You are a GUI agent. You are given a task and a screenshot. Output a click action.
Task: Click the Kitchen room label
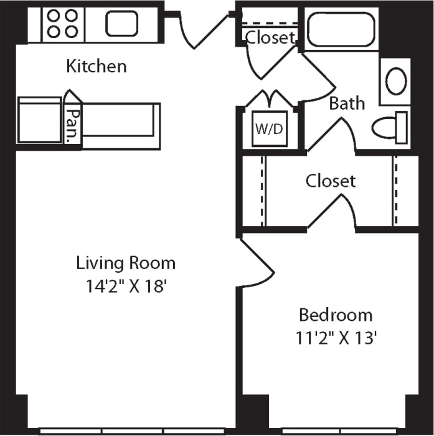[x=97, y=66]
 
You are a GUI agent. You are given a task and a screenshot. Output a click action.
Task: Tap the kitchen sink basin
[x=121, y=24]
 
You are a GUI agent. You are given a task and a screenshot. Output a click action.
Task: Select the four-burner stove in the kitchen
[x=63, y=24]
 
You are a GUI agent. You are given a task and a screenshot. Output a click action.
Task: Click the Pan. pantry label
[x=73, y=124]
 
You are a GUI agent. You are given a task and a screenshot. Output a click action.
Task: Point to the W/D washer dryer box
[x=270, y=129]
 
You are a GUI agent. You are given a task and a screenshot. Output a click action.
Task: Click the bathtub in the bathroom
[x=341, y=29]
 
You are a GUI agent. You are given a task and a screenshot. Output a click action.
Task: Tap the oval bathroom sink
[x=396, y=82]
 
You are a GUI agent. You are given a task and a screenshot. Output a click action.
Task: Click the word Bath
[x=347, y=103]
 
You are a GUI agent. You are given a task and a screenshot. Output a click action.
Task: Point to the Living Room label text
[x=126, y=263]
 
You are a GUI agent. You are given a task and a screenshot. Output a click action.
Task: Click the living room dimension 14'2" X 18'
[x=126, y=287]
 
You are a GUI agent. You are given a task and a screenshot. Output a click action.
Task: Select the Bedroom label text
[x=336, y=315]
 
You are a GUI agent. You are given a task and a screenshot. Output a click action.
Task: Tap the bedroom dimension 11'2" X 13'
[x=337, y=339]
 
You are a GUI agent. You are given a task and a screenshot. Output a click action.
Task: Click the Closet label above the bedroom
[x=331, y=181]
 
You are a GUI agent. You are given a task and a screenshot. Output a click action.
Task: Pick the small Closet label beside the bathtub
[x=270, y=37]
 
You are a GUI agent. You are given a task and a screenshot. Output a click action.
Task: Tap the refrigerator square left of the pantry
[x=39, y=120]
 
